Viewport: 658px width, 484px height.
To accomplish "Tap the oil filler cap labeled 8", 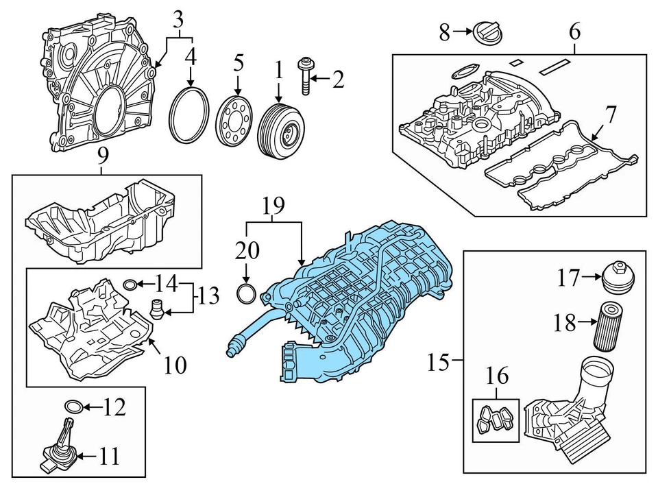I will pyautogui.click(x=487, y=32).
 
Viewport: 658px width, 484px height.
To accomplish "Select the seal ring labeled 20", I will pyautogui.click(x=245, y=294).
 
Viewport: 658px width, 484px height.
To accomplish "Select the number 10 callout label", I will pyautogui.click(x=175, y=365).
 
